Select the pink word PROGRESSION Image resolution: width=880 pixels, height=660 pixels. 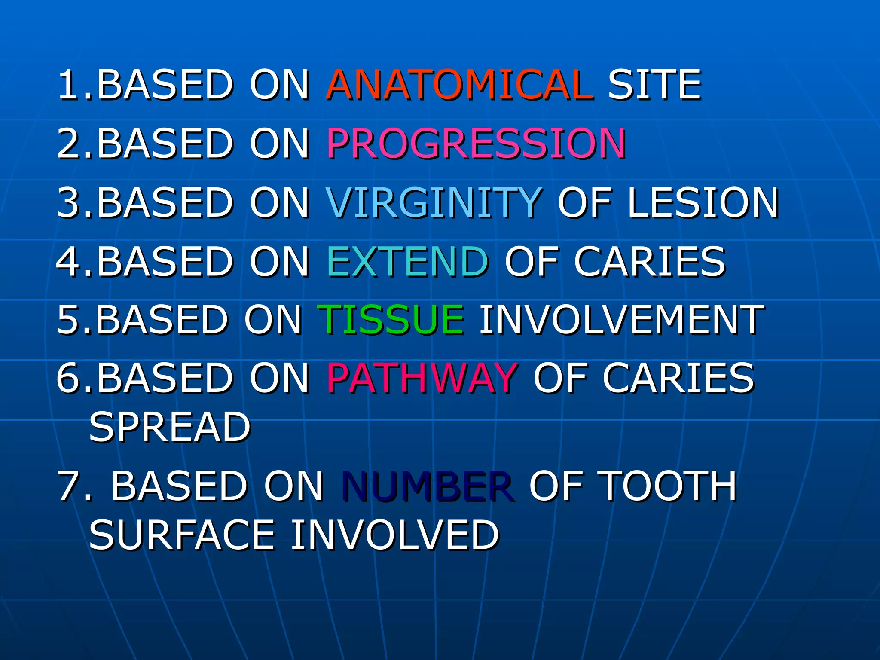pyautogui.click(x=476, y=144)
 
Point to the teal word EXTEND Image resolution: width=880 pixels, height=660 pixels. pyautogui.click(x=407, y=261)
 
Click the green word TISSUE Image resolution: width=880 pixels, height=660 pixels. pyautogui.click(x=390, y=319)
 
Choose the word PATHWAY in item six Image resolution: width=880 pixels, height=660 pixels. pyautogui.click(x=422, y=378)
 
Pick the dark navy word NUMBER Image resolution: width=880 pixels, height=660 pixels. pyautogui.click(x=427, y=486)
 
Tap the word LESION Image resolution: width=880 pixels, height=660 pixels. pyautogui.click(x=703, y=202)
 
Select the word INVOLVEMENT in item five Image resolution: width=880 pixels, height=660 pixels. pyautogui.click(x=621, y=319)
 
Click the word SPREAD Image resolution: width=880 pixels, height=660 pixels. pyautogui.click(x=170, y=427)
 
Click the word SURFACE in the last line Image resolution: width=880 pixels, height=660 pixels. pyautogui.click(x=181, y=535)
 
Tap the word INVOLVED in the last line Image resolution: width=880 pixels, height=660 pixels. pyautogui.click(x=394, y=535)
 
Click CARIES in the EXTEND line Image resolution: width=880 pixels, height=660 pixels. pyautogui.click(x=650, y=261)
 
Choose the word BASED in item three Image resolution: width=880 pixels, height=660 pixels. pyautogui.click(x=165, y=202)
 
